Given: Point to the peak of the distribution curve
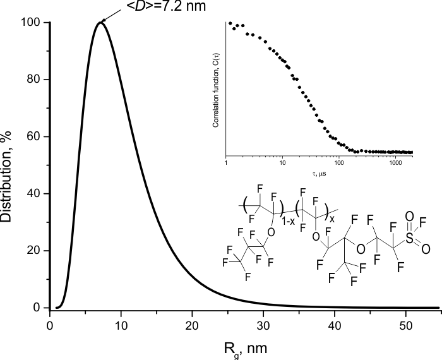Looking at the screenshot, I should (x=100, y=22).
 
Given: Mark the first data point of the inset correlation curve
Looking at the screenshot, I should (x=230, y=23).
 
